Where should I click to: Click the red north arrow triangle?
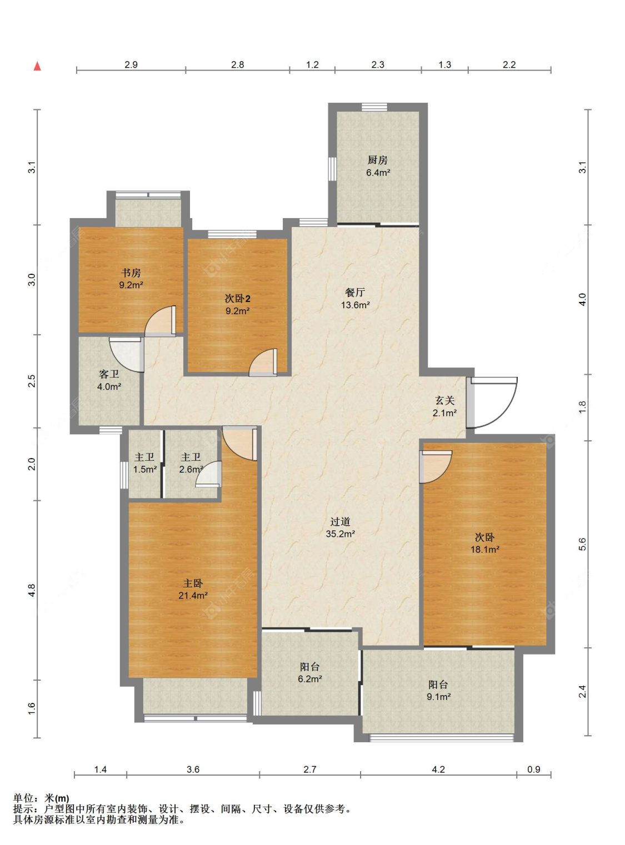point(37,66)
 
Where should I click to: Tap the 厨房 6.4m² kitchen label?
point(378,166)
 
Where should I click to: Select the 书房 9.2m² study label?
point(131,279)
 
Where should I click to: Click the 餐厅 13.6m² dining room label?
point(355,298)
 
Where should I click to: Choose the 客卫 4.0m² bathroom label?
point(109,381)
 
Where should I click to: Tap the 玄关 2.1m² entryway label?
point(444,406)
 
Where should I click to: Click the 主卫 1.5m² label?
point(144,463)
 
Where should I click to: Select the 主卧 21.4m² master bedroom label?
point(193,589)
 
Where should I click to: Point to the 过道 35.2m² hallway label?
point(340,527)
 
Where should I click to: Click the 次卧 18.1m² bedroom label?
point(484,544)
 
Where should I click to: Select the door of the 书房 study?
point(161,321)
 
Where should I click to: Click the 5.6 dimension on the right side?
point(582,545)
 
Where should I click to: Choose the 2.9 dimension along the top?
point(131,64)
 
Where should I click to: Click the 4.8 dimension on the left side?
point(32,590)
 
